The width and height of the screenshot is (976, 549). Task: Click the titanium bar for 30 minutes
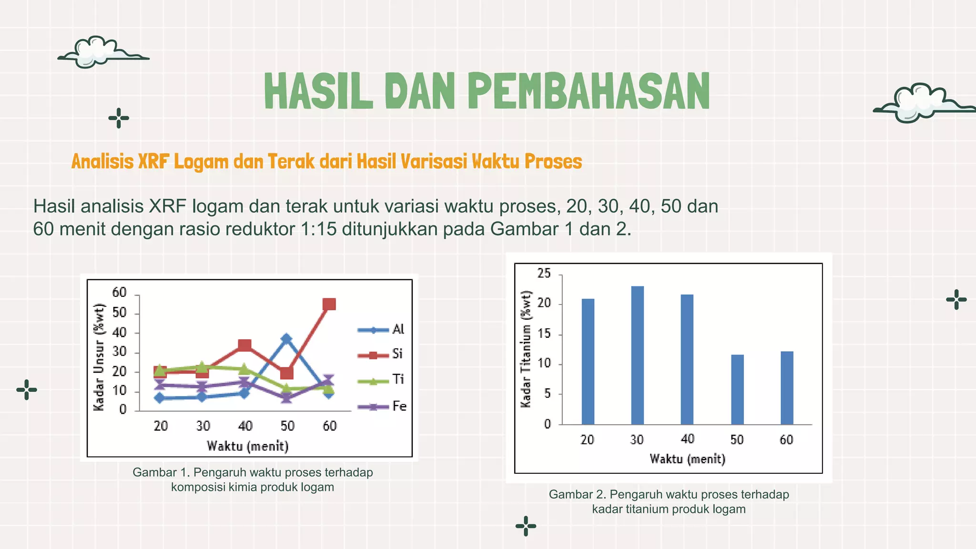pyautogui.click(x=637, y=355)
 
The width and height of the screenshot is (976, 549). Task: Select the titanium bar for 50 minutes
pyautogui.click(x=737, y=389)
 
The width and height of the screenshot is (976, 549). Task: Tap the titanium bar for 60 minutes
pyautogui.click(x=787, y=387)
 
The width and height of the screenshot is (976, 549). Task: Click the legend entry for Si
pyautogui.click(x=381, y=354)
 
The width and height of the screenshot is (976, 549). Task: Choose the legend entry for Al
pyautogui.click(x=381, y=329)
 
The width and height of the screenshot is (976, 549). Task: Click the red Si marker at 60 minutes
pyautogui.click(x=329, y=304)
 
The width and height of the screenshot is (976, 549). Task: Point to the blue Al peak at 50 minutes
pyautogui.click(x=286, y=339)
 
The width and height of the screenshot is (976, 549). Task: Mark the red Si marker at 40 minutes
pyautogui.click(x=244, y=345)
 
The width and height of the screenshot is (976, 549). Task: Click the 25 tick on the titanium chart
pyautogui.click(x=544, y=274)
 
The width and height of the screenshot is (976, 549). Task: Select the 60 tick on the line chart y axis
pyautogui.click(x=119, y=293)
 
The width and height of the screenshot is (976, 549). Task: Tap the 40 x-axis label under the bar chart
pyautogui.click(x=687, y=439)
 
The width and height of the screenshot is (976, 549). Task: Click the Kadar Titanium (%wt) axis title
pyautogui.click(x=526, y=349)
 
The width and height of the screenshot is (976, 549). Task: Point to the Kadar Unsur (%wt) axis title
pyautogui.click(x=99, y=357)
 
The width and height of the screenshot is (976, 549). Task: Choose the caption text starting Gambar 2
pyautogui.click(x=669, y=501)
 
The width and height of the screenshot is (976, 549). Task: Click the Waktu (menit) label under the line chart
pyautogui.click(x=247, y=446)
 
